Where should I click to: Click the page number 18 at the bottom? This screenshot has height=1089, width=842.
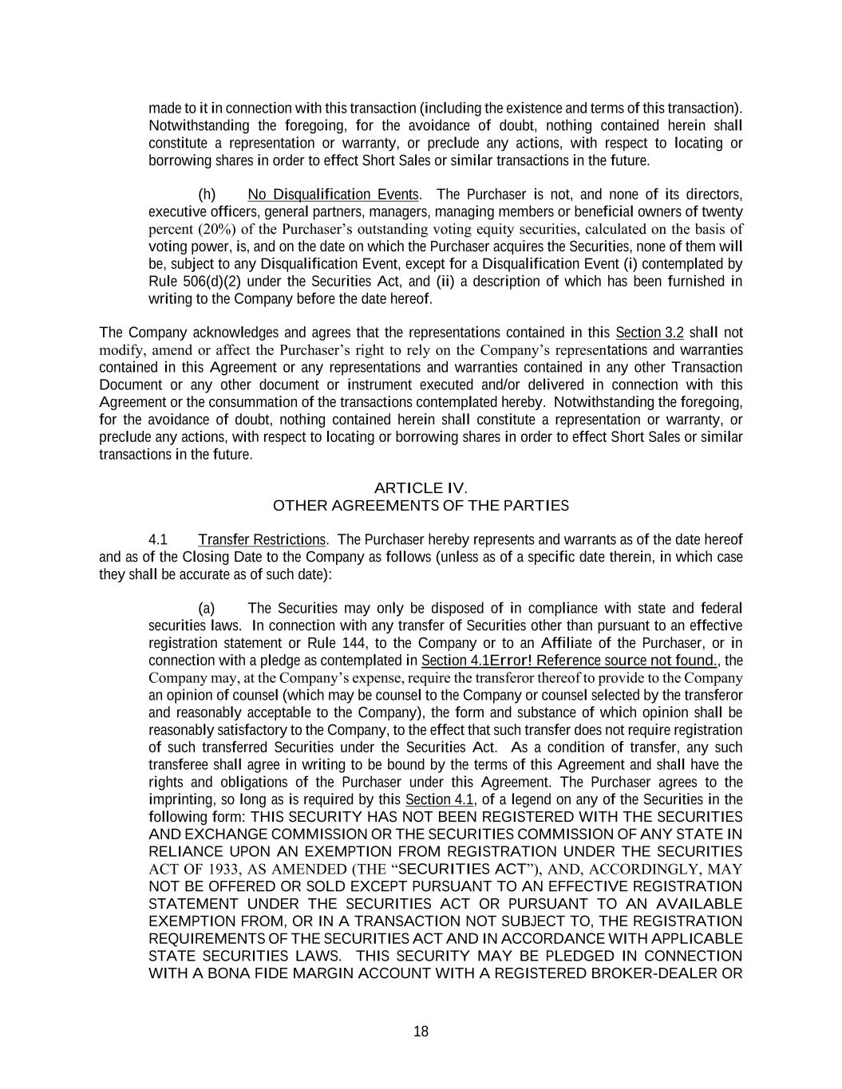point(421,1032)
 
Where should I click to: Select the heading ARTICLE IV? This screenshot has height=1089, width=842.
point(421,487)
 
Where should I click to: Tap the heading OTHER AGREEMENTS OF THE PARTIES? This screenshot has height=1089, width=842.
point(421,505)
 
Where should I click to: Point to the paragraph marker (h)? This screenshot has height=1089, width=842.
point(207,195)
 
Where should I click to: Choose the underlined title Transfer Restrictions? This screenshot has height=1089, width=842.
point(262,540)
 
